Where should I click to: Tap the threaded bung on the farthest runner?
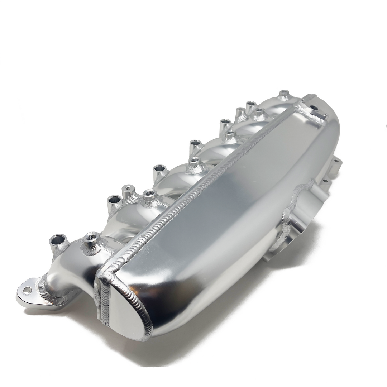pos(284,94)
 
